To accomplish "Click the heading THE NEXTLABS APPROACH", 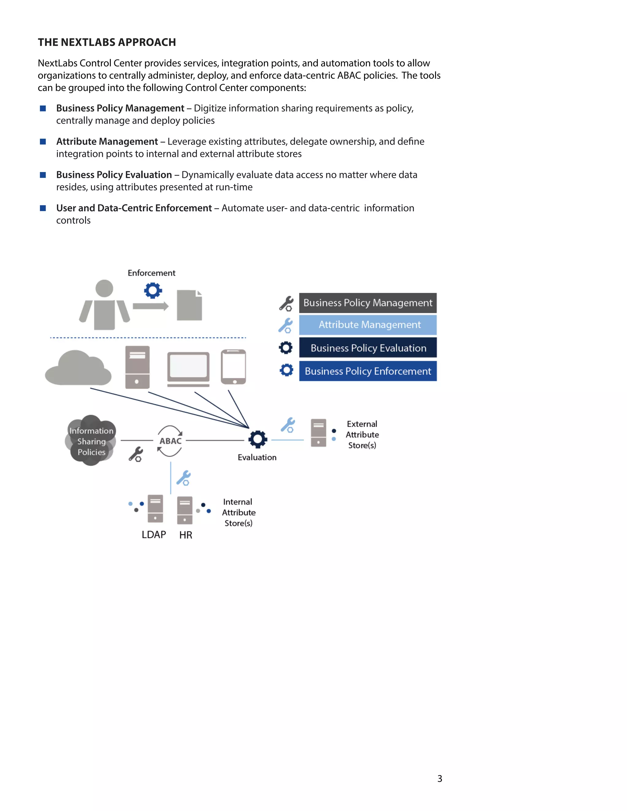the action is (107, 42).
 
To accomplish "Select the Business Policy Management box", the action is (368, 303).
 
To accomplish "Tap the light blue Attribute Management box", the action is (368, 324).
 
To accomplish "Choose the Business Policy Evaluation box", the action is (368, 348).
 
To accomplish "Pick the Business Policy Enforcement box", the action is (368, 371).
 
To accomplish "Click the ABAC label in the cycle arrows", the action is (171, 441).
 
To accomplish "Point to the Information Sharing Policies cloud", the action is (91, 441).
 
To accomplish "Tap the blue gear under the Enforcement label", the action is (153, 290).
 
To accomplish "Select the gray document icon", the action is (190, 305).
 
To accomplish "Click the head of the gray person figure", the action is (104, 288).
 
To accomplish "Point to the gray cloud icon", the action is (78, 368).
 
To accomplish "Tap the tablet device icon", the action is (233, 367).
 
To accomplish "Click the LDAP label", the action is (154, 534).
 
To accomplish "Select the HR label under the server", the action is (186, 535).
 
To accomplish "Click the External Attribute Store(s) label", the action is (362, 435).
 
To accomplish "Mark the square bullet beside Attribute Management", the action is (43, 141).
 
